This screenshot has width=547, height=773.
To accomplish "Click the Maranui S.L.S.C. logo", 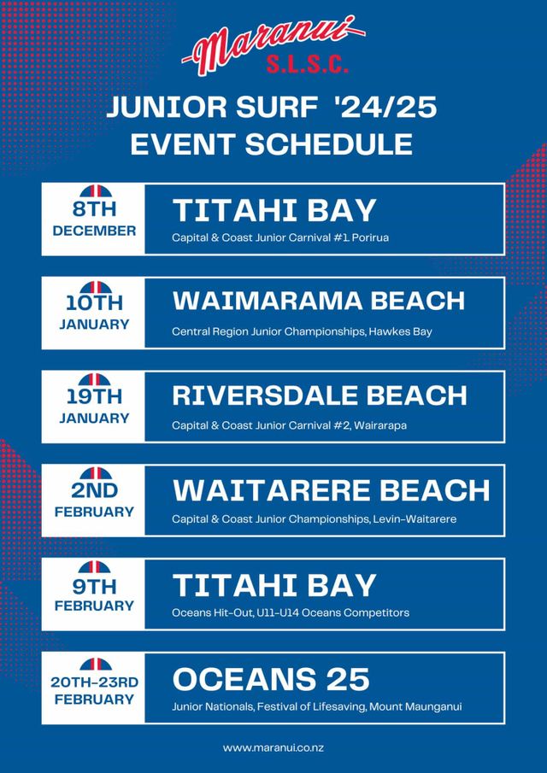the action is (x=273, y=45).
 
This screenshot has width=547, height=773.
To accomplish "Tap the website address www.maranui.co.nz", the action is (x=273, y=748).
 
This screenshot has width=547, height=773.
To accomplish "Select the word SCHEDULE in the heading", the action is (x=328, y=144).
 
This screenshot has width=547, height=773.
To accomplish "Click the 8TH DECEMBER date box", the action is (x=94, y=220).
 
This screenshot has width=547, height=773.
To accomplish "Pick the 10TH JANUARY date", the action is (x=94, y=313).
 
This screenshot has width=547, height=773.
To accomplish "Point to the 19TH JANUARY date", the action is (x=94, y=407).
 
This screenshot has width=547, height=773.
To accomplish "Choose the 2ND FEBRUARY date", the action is (x=94, y=501).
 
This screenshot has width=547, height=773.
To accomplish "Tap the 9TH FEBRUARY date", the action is (x=94, y=594).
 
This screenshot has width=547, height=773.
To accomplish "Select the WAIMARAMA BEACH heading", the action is (x=319, y=301).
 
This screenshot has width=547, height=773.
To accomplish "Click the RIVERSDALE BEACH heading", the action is (x=320, y=395).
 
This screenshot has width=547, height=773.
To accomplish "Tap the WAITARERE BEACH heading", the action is (x=331, y=489).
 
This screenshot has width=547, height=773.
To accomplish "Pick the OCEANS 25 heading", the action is (x=271, y=679).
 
